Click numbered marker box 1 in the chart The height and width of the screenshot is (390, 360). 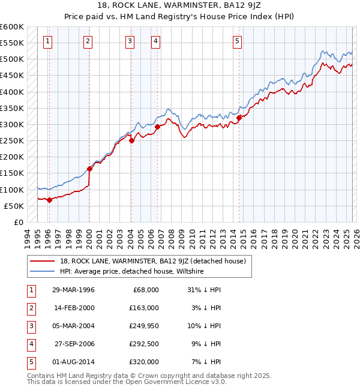point(47,41)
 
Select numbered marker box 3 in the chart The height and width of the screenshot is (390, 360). point(130,41)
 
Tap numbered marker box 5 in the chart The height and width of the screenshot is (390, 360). point(238,41)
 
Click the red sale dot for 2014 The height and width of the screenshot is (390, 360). point(239,118)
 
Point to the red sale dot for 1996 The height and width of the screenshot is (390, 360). point(50,200)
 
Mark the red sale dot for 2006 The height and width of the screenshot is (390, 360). point(157,127)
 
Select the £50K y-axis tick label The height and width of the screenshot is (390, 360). point(14,206)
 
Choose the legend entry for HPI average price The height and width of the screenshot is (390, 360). point(131,272)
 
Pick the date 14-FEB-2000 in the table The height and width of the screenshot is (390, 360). point(74,307)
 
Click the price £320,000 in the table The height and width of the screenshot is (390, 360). point(145,362)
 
